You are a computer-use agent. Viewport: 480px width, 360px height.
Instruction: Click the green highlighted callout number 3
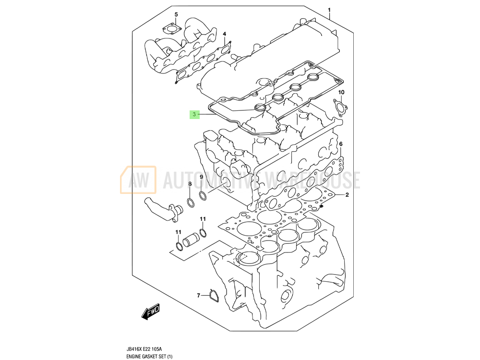click(194, 115)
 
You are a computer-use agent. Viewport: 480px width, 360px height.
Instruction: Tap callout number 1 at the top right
click(329, 10)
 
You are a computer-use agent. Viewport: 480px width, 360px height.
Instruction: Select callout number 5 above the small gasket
click(176, 14)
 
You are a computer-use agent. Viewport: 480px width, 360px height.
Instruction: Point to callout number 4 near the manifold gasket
click(224, 34)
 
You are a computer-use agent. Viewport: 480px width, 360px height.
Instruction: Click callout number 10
click(341, 92)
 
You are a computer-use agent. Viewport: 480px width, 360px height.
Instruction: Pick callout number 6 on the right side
click(341, 144)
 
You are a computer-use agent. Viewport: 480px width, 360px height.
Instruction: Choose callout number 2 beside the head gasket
click(347, 195)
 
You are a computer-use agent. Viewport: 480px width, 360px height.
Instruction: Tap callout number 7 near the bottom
click(198, 295)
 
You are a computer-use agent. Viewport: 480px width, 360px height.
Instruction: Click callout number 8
click(190, 184)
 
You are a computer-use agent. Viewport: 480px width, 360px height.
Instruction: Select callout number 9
click(202, 177)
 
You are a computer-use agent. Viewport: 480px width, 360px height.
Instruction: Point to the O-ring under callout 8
click(191, 203)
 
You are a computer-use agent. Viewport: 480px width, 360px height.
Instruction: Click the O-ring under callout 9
click(203, 196)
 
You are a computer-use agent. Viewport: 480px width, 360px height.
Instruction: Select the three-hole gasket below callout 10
click(340, 108)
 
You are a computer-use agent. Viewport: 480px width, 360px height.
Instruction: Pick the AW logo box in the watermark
click(138, 180)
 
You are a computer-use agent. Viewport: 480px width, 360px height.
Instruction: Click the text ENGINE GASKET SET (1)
click(149, 356)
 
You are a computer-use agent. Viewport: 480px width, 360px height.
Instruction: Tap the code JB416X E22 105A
click(144, 349)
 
